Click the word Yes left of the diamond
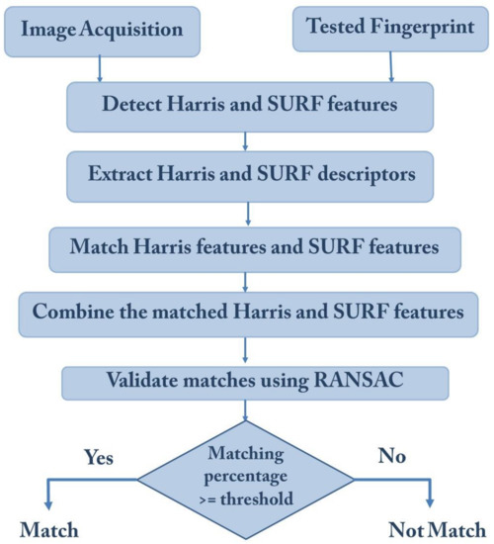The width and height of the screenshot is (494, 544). [x=99, y=458]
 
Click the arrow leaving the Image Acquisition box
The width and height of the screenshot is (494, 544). [x=100, y=66]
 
